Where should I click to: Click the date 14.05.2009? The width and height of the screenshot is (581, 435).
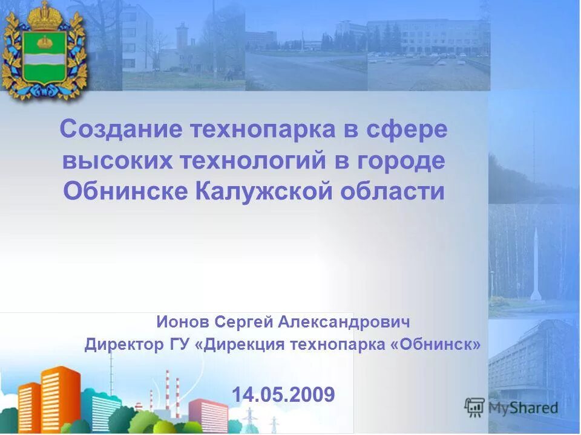coord(283,395)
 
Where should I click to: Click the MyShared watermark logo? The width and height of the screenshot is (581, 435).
coord(512,408)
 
